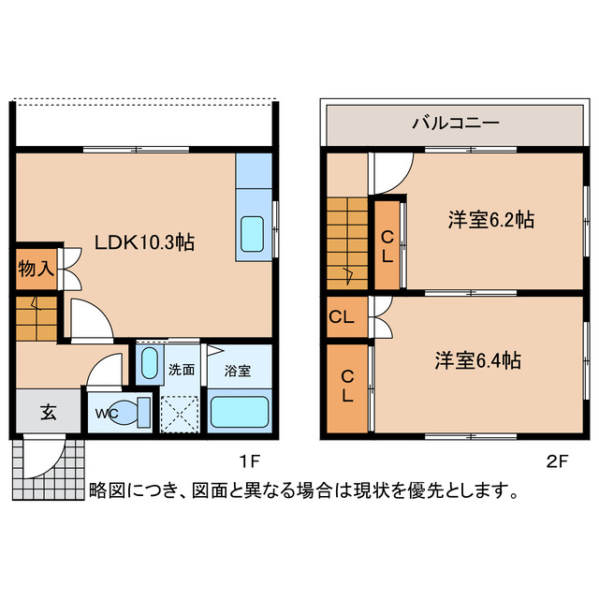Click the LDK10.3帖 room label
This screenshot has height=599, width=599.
(144, 242)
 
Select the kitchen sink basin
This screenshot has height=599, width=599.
(253, 233)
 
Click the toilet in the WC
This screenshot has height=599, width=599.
(138, 410)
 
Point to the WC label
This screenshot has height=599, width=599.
(105, 413)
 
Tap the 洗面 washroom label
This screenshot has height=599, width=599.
(181, 370)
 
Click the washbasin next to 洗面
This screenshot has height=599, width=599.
(149, 362)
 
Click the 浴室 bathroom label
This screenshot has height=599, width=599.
(238, 370)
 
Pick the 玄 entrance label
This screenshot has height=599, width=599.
(47, 412)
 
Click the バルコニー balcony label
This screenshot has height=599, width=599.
(455, 123)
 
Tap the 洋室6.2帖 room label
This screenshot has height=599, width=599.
(490, 221)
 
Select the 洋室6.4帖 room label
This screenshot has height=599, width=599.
(477, 360)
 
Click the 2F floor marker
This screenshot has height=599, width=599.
(557, 460)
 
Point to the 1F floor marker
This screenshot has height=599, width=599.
(248, 460)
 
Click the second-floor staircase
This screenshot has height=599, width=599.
(349, 243)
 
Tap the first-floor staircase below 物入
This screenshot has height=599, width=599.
(36, 318)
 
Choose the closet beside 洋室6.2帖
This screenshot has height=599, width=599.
(387, 244)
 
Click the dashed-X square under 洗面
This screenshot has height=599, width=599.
(180, 412)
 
